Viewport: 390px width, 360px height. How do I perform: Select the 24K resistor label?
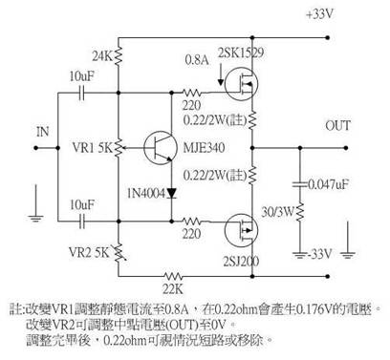[x=98, y=54]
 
